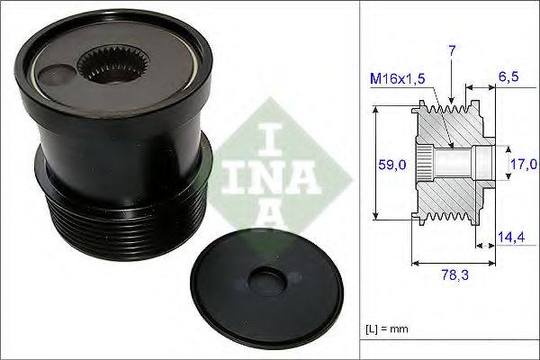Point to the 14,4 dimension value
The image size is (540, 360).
tap(511, 239)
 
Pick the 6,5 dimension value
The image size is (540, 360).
tap(509, 79)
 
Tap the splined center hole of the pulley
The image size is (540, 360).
tap(104, 64)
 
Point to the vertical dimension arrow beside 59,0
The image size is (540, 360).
tap(375, 164)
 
